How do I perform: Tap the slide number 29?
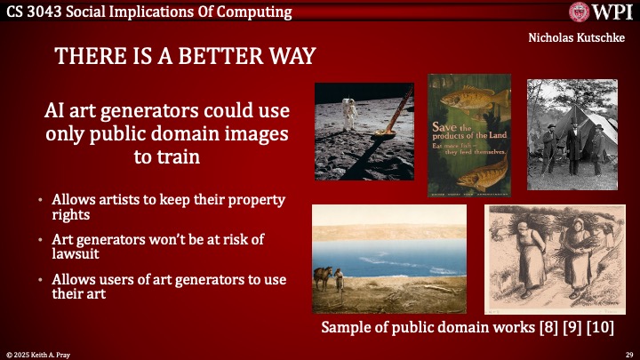coord(628,353)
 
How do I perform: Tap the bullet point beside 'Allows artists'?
coord(41,200)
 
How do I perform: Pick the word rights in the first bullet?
coord(71,215)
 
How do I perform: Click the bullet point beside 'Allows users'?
coord(41,280)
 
